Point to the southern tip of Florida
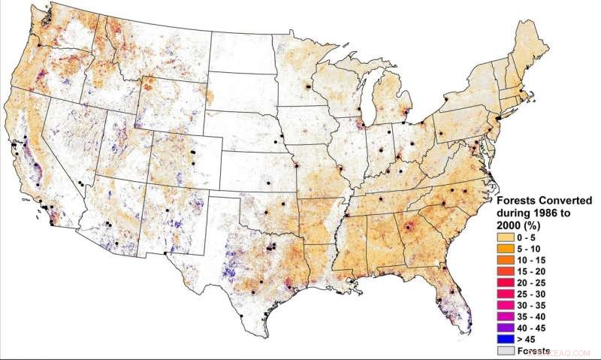470,328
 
